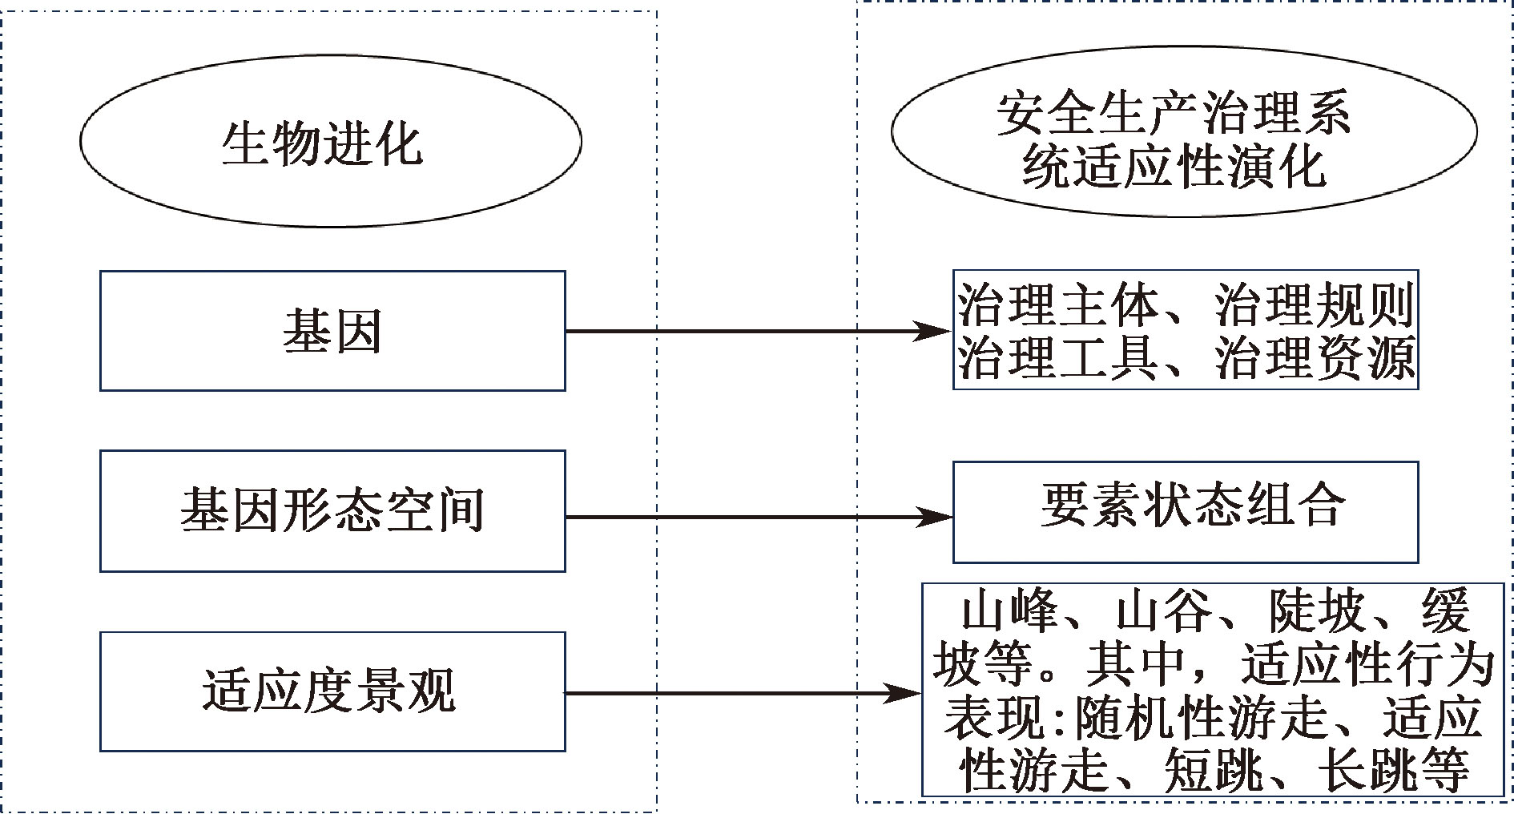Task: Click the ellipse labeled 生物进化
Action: [x=330, y=141]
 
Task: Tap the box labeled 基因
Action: [x=332, y=331]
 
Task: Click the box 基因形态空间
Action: [x=332, y=511]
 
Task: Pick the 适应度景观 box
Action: [x=332, y=691]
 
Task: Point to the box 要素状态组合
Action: [x=1186, y=511]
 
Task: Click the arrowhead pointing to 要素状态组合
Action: [x=936, y=518]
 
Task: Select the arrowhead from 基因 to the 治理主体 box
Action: [x=933, y=330]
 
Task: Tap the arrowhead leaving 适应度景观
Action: [x=904, y=693]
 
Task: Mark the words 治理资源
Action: [x=1315, y=358]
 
